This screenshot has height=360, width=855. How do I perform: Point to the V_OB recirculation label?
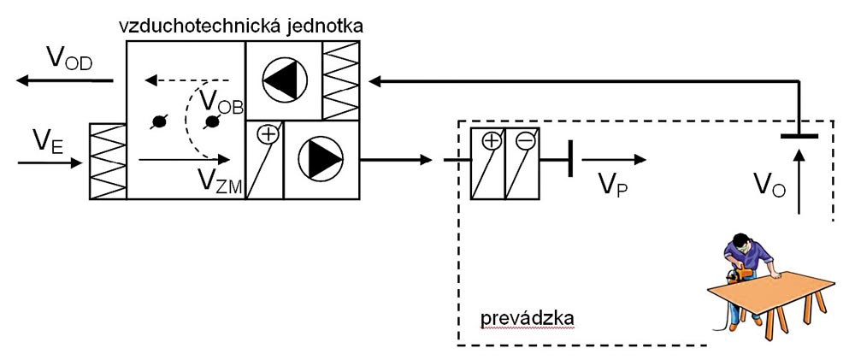pyautogui.click(x=220, y=101)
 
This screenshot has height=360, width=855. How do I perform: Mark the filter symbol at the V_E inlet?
pyautogui.click(x=108, y=161)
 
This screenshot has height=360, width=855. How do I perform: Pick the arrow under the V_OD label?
pyautogui.click(x=64, y=81)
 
